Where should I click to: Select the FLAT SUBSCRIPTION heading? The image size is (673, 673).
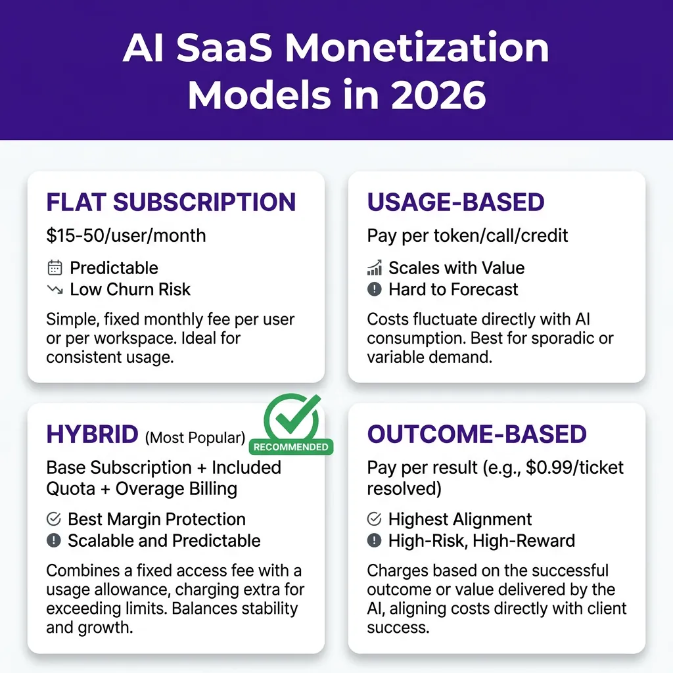pos(171,202)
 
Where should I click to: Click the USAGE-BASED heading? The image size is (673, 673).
pos(455,202)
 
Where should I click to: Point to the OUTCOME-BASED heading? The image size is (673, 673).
pos(477,434)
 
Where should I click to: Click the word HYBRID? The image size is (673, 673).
pos(92,434)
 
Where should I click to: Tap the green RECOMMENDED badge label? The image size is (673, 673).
pos(291,447)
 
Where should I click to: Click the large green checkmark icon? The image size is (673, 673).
pos(292,415)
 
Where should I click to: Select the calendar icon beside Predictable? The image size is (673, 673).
pos(55,268)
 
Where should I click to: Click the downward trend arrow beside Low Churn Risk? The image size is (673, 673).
pos(55,289)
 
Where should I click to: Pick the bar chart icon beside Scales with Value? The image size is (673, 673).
pos(375,268)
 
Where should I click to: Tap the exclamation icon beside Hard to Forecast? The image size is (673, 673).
pos(374,289)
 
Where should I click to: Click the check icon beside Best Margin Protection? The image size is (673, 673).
pos(54,519)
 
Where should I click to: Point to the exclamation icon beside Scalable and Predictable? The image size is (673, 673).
pos(54,540)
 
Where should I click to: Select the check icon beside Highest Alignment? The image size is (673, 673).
pos(374,519)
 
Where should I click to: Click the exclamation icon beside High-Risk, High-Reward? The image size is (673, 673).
pos(374,540)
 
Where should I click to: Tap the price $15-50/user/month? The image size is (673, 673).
pos(126,236)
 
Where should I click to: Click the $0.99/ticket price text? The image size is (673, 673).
pos(574,467)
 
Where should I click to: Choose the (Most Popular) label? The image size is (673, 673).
pos(195,438)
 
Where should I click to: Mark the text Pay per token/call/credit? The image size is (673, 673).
pos(467,236)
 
